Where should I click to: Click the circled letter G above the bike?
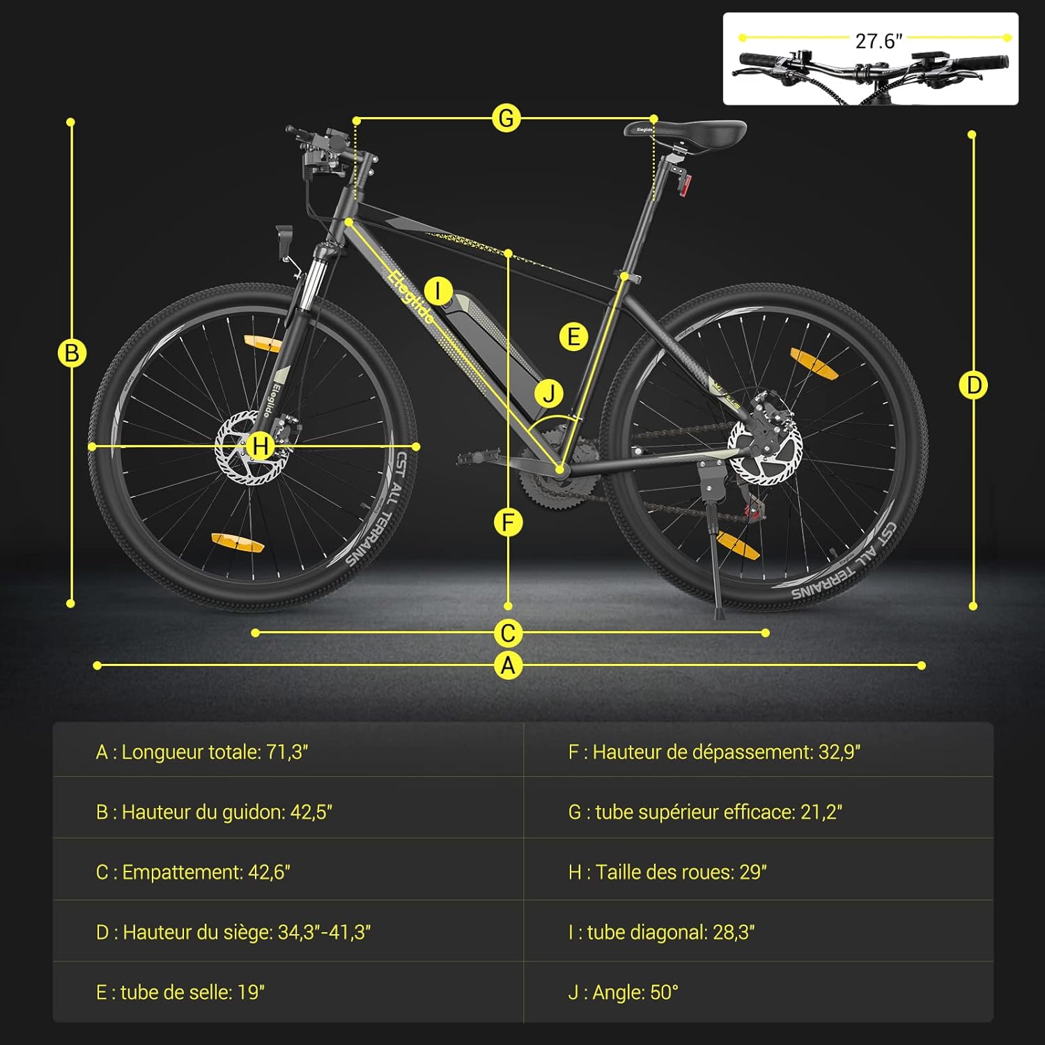click(x=506, y=118)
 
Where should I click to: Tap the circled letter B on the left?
click(x=71, y=353)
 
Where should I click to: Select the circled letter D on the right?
click(x=973, y=385)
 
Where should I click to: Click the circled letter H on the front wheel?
click(x=261, y=446)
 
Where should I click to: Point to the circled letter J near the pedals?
click(x=549, y=393)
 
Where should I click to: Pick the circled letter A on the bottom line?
click(x=509, y=665)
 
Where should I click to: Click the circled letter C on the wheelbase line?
click(x=509, y=633)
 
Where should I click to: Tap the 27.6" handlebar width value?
click(x=878, y=41)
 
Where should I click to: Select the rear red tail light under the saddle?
click(x=686, y=185)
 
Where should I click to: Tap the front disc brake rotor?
click(x=251, y=448)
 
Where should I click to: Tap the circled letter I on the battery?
click(x=438, y=291)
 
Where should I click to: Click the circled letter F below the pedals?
click(x=508, y=522)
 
